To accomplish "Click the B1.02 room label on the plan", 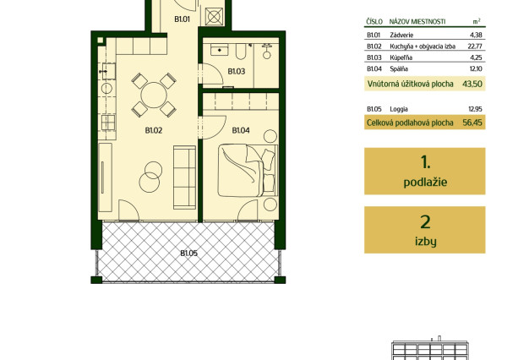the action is click(154, 130).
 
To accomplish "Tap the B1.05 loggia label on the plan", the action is click(188, 254).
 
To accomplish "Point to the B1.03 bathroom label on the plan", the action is click(237, 71).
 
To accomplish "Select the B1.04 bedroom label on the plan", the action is click(241, 130).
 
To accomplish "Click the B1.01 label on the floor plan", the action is click(182, 19).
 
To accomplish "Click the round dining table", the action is click(154, 95).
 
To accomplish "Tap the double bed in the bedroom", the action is click(248, 171).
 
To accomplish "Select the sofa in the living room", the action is click(184, 177).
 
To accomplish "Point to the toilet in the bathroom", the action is click(267, 52).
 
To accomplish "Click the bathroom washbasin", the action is click(220, 50).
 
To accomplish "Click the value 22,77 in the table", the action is click(475, 46).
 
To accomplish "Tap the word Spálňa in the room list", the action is click(399, 69).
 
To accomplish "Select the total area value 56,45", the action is click(472, 123).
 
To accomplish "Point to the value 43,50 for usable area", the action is click(472, 84).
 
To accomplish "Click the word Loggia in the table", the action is click(399, 109).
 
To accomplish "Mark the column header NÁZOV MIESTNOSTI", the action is click(417, 22).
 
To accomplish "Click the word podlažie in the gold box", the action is click(425, 183).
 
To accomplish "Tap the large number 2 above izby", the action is click(425, 222).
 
